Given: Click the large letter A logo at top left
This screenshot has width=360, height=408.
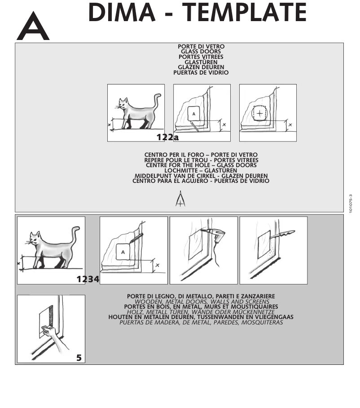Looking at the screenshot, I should click(x=33, y=27).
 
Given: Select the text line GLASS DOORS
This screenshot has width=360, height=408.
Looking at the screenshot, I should click(x=201, y=52).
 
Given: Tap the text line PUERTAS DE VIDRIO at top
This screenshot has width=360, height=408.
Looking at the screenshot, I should click(x=201, y=72).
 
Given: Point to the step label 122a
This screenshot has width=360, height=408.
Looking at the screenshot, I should click(x=167, y=137).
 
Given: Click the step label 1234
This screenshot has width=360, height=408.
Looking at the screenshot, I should click(x=88, y=279).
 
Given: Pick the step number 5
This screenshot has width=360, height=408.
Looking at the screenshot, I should click(x=79, y=358).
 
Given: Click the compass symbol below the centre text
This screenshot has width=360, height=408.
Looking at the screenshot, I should click(x=180, y=199).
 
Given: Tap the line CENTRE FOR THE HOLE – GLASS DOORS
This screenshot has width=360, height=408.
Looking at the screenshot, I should click(x=201, y=165).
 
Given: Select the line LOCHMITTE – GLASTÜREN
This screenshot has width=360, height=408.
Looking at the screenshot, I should click(x=201, y=171).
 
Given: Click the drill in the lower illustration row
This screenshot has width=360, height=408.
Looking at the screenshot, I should click(x=214, y=235).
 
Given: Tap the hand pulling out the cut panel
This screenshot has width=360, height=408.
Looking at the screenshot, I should click(x=51, y=331).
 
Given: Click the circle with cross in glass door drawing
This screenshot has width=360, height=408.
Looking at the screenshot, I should click(x=259, y=113).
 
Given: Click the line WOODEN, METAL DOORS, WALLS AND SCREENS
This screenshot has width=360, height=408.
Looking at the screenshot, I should click(x=201, y=302).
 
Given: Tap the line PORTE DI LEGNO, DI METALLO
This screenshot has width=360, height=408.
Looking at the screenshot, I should click(x=201, y=296).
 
